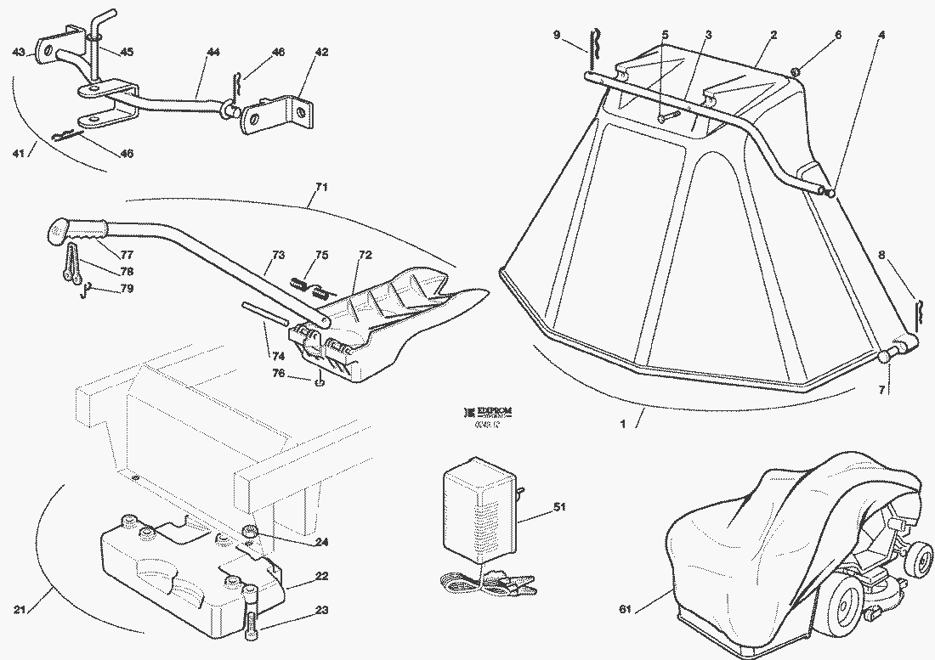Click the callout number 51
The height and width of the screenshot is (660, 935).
[x=559, y=508]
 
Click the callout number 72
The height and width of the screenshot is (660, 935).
[x=365, y=255]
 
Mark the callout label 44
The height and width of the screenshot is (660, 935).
[x=212, y=53]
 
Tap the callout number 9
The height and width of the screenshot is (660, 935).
[x=557, y=35]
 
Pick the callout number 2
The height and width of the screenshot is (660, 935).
[x=773, y=35]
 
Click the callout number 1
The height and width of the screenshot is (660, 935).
[x=623, y=424]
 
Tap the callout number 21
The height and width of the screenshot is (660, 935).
[x=20, y=609]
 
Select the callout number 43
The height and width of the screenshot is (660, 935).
[x=19, y=52]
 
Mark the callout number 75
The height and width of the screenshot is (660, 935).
[x=321, y=255]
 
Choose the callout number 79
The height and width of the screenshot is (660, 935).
[x=126, y=289]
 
